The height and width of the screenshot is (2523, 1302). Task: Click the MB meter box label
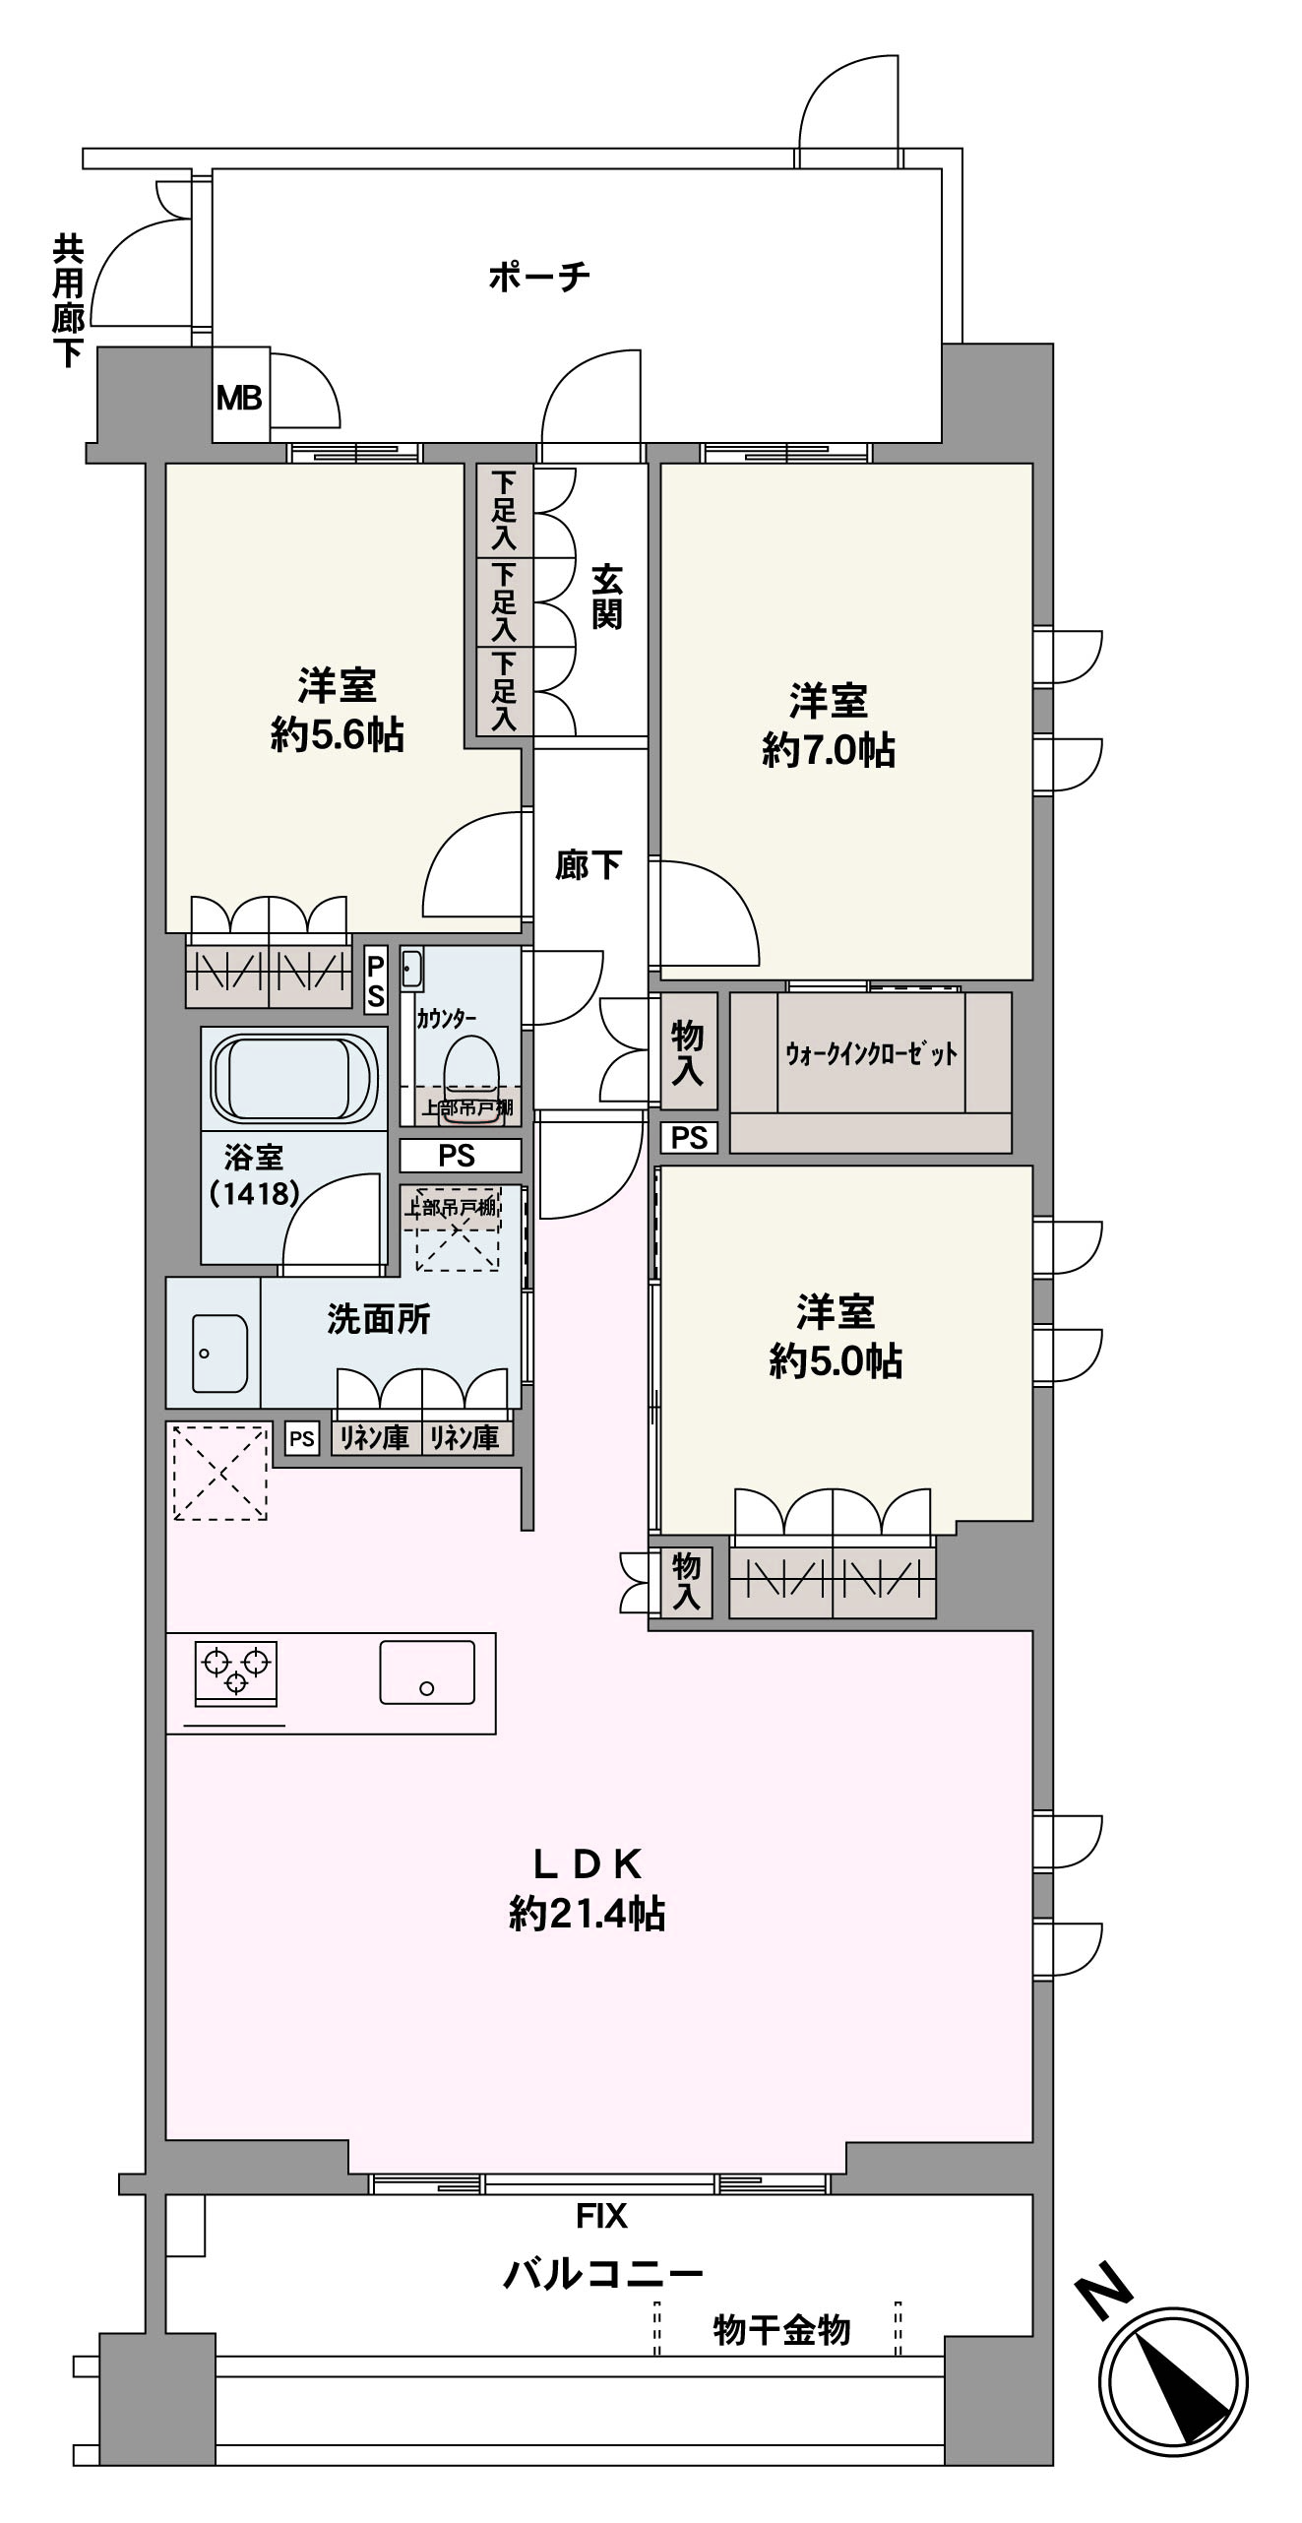pos(239,398)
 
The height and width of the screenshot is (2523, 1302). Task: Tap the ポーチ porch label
pos(539,277)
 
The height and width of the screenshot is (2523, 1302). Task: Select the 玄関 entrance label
pos(606,597)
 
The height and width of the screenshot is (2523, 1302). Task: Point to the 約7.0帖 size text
pos(828,751)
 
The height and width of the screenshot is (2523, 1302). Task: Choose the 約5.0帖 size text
pos(835,1361)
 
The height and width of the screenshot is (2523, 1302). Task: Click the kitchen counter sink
pos(427,1671)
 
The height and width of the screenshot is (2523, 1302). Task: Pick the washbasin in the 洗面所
pos(219,1354)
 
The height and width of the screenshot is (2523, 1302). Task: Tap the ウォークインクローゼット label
pos(871,1054)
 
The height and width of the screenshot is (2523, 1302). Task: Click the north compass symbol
pos(1172,2386)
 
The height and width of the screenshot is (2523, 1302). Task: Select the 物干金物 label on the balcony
pos(781,2330)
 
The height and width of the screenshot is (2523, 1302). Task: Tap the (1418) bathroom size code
pos(254,1194)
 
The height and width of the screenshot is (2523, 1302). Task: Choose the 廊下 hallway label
pos(588,865)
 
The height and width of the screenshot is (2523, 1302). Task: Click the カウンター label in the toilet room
pos(446,1019)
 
